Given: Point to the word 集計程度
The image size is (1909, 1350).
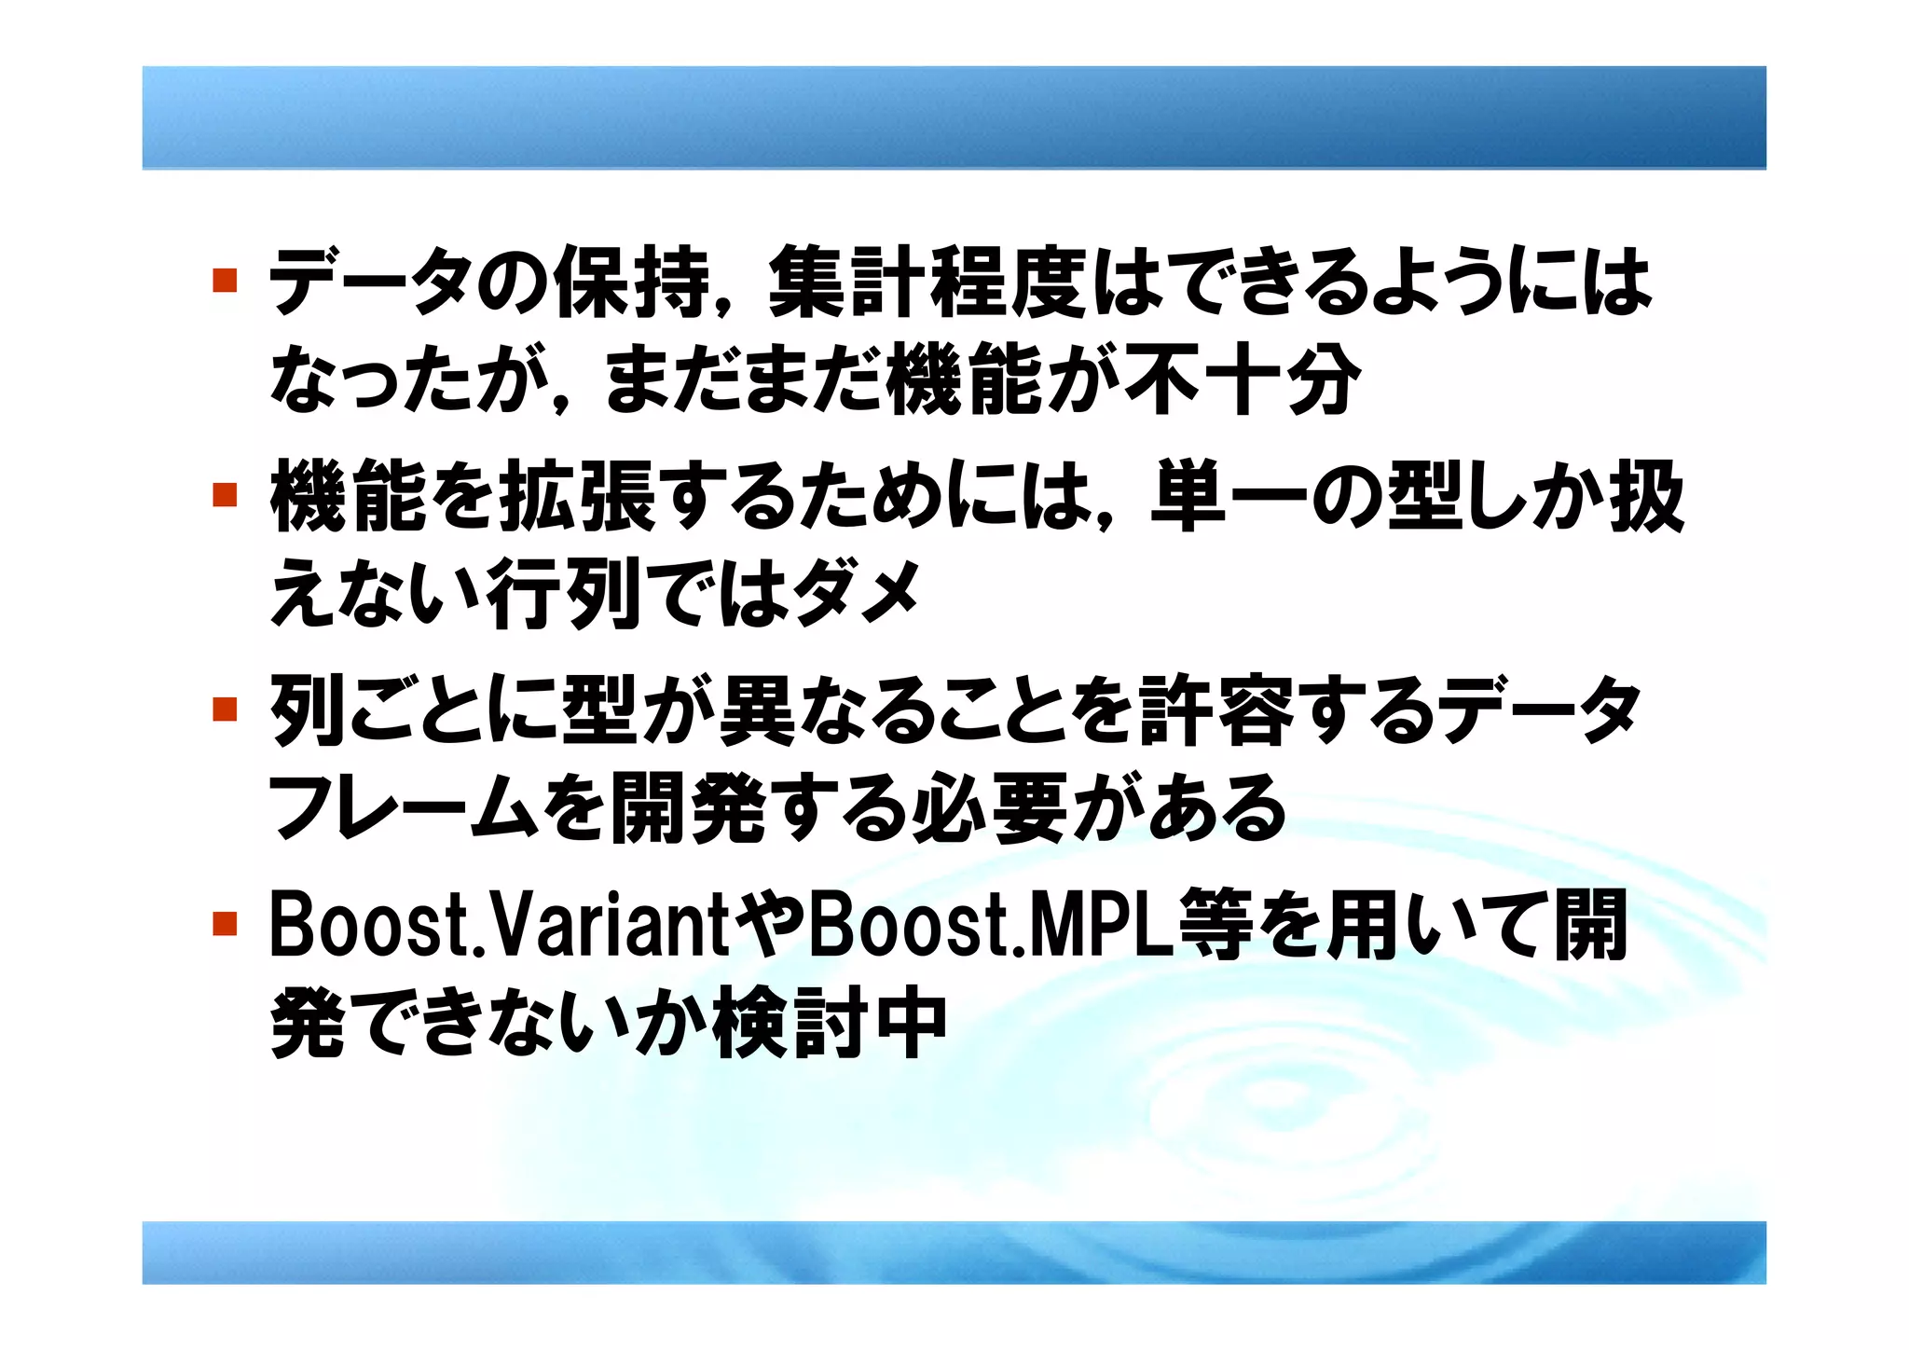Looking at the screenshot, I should tap(927, 281).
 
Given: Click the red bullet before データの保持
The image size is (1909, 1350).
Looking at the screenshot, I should tap(224, 280).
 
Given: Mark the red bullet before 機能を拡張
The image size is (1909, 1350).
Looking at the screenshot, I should tap(224, 494).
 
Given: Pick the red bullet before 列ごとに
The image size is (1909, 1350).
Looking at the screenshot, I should tap(224, 709).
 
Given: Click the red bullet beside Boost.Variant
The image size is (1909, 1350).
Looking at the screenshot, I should tap(224, 924).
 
